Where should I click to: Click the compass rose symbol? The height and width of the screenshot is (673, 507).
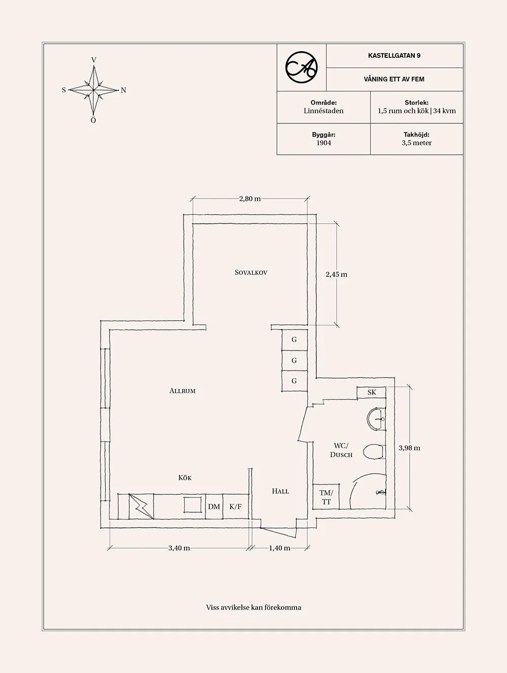94,90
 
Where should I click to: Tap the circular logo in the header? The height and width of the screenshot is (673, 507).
301,67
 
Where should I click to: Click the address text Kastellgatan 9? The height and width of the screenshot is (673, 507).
394,56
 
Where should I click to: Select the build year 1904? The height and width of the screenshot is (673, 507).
323,143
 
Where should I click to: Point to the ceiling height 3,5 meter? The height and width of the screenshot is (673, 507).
416,143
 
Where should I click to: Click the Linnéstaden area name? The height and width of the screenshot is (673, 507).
323,111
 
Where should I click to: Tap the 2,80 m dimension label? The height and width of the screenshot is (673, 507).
249,199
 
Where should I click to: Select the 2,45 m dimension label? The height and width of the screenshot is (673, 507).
336,275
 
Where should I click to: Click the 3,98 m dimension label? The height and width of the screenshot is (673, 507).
409,448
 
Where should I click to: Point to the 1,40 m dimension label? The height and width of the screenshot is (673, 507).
279,548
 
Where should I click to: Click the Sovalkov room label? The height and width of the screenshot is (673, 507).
251,273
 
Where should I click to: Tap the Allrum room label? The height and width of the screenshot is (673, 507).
183,391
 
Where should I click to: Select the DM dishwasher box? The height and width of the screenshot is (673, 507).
214,507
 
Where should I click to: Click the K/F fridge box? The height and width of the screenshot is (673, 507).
236,507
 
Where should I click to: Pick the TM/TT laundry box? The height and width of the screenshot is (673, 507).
326,497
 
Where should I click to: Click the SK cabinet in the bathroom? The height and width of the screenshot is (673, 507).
372,392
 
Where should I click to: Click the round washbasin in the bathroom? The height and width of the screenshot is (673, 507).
375,419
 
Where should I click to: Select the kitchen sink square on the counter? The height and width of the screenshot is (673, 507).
193,506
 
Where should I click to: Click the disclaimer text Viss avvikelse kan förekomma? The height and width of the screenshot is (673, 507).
253,607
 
